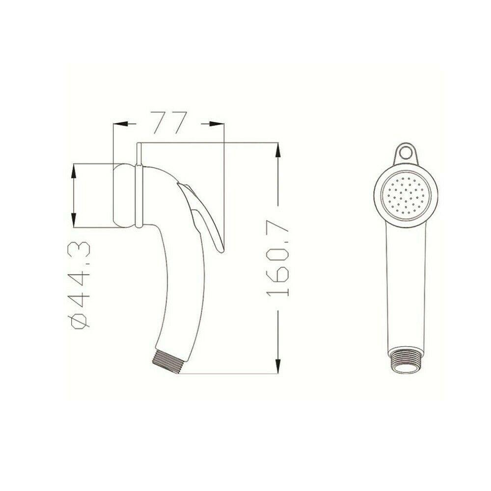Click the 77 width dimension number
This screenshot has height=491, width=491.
coord(168,122)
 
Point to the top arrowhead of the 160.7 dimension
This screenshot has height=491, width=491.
coord(278,150)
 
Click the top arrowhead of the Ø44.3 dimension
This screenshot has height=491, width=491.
coord(74,170)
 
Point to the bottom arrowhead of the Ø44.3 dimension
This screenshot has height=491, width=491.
coord(74,220)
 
